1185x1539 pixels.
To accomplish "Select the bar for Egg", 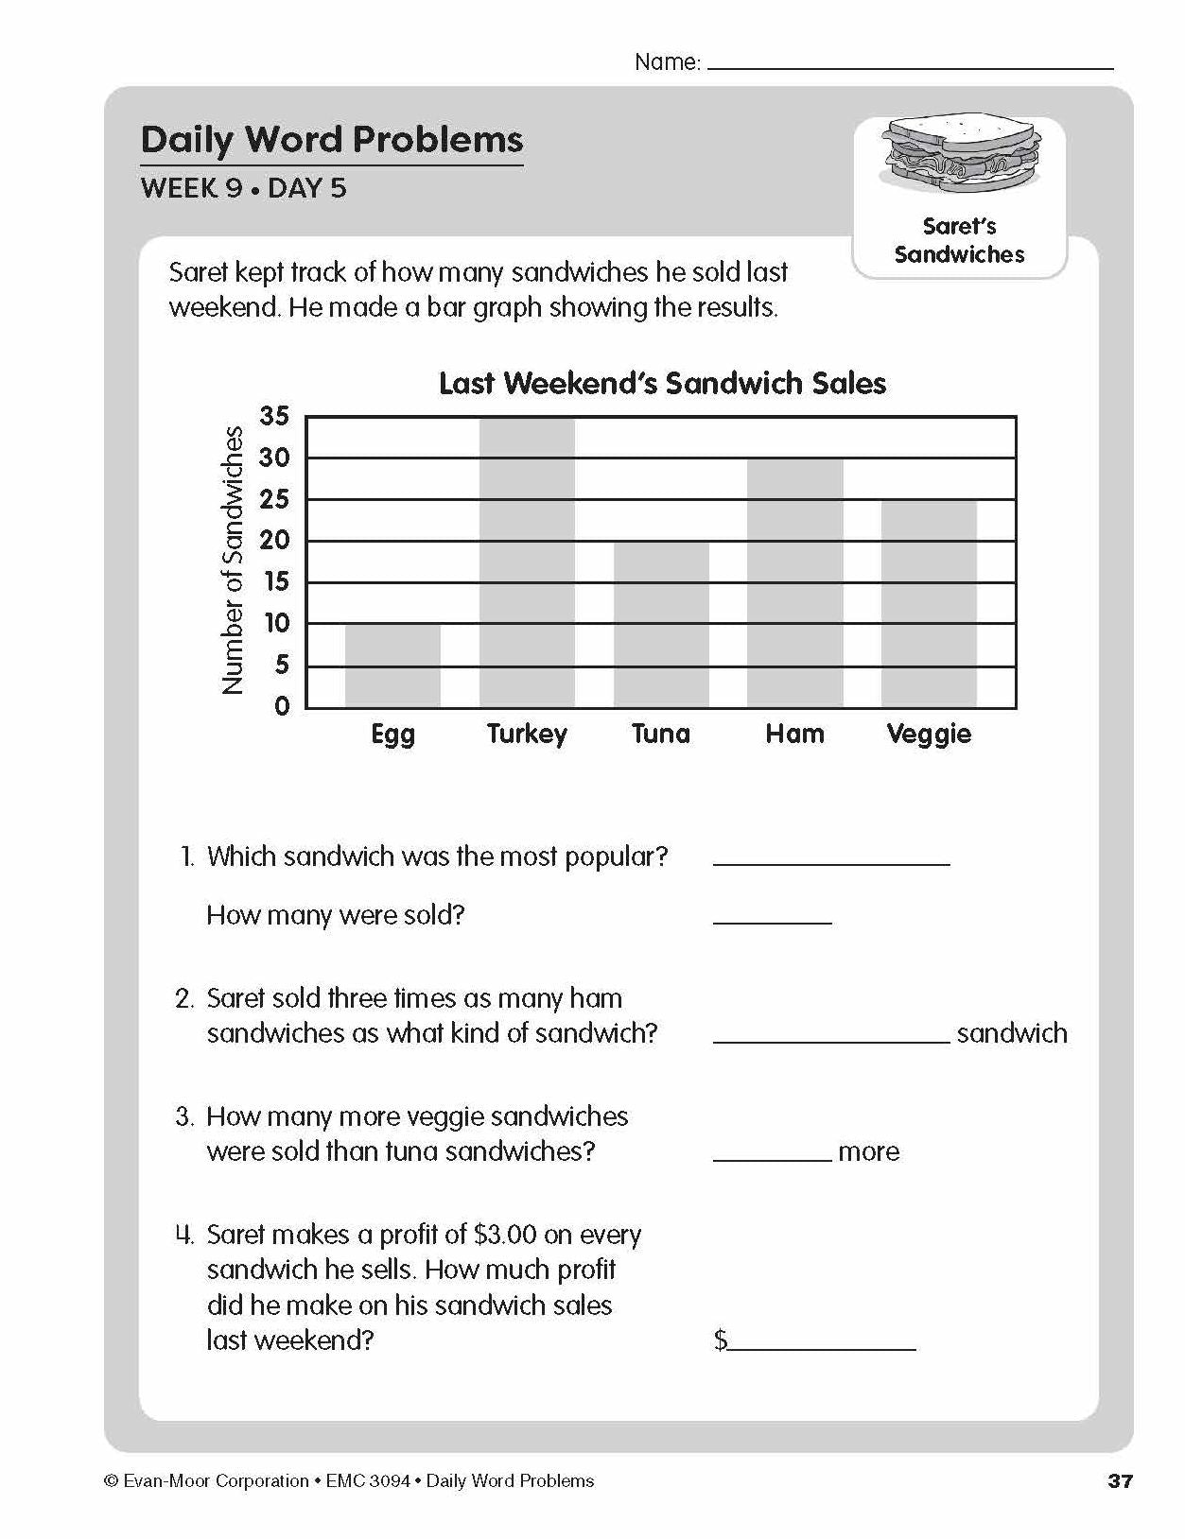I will [x=392, y=666].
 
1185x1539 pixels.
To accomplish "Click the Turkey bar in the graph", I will [x=527, y=562].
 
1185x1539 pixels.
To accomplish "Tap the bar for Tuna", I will [x=661, y=624].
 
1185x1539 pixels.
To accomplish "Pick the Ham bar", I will [x=794, y=583].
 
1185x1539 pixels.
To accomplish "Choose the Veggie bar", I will [x=929, y=603].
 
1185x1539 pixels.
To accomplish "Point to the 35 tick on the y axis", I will [x=274, y=416].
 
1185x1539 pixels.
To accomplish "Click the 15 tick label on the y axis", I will [x=276, y=582].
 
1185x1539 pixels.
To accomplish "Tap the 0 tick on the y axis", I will [x=282, y=706].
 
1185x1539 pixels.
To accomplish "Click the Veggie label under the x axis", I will [x=929, y=735].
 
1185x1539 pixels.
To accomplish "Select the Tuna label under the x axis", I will [x=661, y=734].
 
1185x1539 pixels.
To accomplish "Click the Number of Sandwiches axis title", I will [x=233, y=561].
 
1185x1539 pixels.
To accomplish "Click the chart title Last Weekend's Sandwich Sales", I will [x=662, y=383].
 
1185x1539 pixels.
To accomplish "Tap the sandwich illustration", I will [x=959, y=155].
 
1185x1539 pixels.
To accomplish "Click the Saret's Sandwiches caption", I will [x=959, y=240].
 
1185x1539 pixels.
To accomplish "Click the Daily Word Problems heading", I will [x=331, y=140].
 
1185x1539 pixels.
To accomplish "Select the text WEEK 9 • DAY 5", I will [x=243, y=188].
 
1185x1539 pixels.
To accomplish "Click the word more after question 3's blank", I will [x=868, y=1151].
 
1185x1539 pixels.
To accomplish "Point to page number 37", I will [x=1120, y=1481].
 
